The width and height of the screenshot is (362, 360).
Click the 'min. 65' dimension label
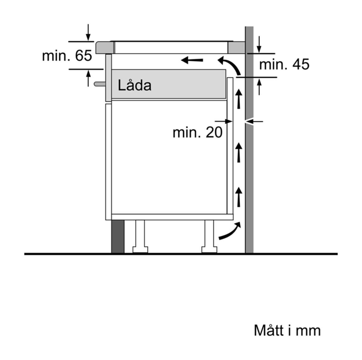click(67, 56)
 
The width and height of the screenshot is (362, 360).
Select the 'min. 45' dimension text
click(284, 64)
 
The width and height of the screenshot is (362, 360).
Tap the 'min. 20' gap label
click(198, 132)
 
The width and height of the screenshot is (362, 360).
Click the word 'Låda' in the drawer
click(135, 85)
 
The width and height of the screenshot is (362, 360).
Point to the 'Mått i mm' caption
click(287, 330)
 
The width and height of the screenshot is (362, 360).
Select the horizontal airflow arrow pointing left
click(192, 60)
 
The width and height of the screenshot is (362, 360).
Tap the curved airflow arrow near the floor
click(230, 231)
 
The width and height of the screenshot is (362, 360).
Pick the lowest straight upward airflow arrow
click(239, 197)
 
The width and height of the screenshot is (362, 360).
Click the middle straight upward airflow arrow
click(239, 152)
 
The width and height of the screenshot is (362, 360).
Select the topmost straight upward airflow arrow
click(239, 99)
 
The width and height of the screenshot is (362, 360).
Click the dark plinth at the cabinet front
click(118, 237)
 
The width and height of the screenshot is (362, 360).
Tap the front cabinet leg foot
click(140, 250)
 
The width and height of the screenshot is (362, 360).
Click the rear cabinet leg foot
click(209, 250)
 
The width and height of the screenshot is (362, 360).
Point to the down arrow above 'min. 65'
click(88, 32)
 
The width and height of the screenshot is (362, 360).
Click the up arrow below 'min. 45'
click(259, 87)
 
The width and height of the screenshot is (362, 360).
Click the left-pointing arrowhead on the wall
click(254, 121)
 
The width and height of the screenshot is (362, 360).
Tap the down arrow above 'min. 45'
click(259, 44)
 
